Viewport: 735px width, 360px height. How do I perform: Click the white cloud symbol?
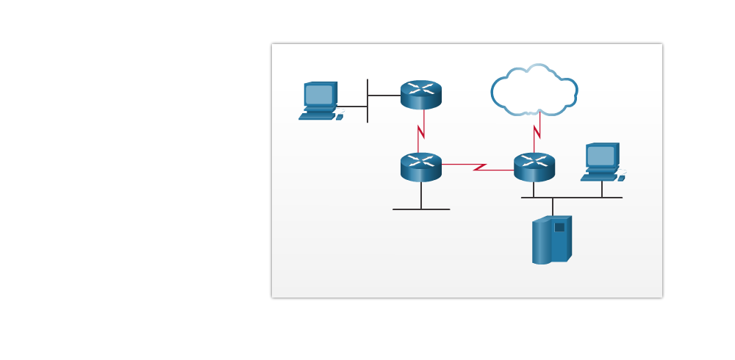click(x=534, y=92)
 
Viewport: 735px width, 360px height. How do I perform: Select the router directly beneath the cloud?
click(x=534, y=167)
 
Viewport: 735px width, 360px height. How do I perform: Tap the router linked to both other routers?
click(x=421, y=167)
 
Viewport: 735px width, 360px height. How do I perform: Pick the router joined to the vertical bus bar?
click(x=421, y=95)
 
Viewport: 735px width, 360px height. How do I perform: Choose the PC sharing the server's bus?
click(x=602, y=162)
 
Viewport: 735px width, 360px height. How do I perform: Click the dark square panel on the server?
click(x=559, y=227)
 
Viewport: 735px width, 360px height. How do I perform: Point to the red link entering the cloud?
click(x=537, y=132)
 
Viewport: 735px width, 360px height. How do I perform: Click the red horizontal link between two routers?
click(x=478, y=167)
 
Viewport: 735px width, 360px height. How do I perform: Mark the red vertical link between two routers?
click(x=421, y=131)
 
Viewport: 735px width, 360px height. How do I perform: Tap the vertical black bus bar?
click(x=367, y=101)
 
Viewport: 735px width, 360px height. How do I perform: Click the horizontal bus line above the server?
click(x=571, y=198)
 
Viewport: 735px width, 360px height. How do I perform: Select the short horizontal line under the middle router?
click(x=421, y=209)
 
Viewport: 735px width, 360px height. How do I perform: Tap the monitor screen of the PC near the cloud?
click(x=600, y=155)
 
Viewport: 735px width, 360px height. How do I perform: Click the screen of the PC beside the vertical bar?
click(x=319, y=94)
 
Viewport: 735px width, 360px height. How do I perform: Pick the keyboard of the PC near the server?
click(x=598, y=178)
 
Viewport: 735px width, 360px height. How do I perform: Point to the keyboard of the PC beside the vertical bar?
click(x=316, y=116)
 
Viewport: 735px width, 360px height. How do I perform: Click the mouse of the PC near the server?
click(x=621, y=178)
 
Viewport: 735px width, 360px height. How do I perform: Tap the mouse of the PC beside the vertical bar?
click(x=340, y=117)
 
